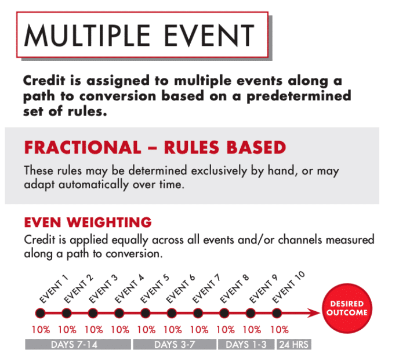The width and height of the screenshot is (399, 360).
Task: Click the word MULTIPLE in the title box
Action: (x=87, y=35)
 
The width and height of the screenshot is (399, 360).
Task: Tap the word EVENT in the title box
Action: (x=209, y=35)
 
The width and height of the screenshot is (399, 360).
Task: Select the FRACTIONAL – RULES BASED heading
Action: (x=155, y=147)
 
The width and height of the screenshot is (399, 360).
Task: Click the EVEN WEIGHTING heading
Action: (x=88, y=222)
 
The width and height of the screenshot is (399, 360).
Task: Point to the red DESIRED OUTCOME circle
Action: (x=347, y=308)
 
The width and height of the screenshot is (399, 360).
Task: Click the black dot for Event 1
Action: (x=40, y=313)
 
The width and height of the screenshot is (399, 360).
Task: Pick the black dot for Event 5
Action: (x=146, y=313)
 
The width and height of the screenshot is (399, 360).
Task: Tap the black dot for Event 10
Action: (x=277, y=313)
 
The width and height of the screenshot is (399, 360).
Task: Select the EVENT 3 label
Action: (x=103, y=289)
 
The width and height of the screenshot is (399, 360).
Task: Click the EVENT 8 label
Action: (x=234, y=289)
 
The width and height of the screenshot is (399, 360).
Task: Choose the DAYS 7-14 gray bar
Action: (x=78, y=344)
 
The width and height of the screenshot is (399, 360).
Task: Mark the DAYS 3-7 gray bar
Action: (x=175, y=344)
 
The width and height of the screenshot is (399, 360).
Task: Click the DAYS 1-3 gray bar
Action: (x=246, y=344)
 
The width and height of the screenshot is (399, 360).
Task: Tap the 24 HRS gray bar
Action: (x=294, y=344)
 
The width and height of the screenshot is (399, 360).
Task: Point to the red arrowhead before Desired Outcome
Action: (x=314, y=313)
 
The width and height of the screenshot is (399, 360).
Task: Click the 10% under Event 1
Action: (x=41, y=330)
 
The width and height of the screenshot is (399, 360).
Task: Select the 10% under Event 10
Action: (x=280, y=330)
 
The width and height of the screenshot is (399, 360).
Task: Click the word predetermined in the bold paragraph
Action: (x=299, y=96)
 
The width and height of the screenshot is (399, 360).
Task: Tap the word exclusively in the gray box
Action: (x=219, y=171)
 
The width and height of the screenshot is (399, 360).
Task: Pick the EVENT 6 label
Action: (x=180, y=289)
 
